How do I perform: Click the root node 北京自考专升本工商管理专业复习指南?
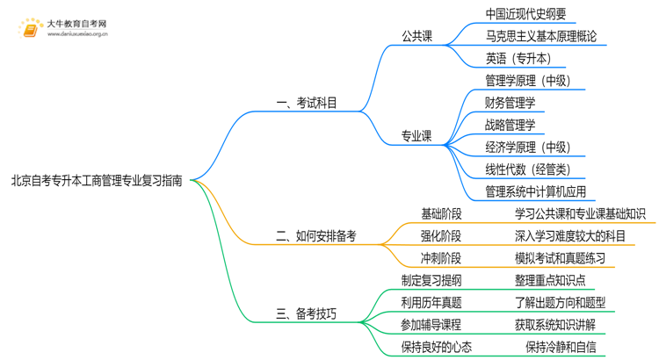(x=98, y=181)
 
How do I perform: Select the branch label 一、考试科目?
(x=307, y=104)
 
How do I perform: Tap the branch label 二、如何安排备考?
(x=315, y=235)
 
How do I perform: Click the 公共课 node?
(x=417, y=37)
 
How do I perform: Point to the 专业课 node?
(x=417, y=136)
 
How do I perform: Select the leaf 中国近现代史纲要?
(x=525, y=14)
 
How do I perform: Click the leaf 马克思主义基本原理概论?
(x=540, y=37)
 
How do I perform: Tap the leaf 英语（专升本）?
(x=518, y=59)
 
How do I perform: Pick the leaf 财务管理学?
(x=510, y=104)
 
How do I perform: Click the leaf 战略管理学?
(x=510, y=126)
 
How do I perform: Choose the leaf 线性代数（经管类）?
(x=527, y=169)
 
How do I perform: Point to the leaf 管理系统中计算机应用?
(x=535, y=191)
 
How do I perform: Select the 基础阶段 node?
(x=441, y=213)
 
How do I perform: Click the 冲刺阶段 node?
(x=441, y=258)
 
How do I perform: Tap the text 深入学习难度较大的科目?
(x=570, y=235)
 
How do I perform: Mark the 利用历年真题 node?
(x=431, y=303)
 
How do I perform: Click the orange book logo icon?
(x=30, y=29)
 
